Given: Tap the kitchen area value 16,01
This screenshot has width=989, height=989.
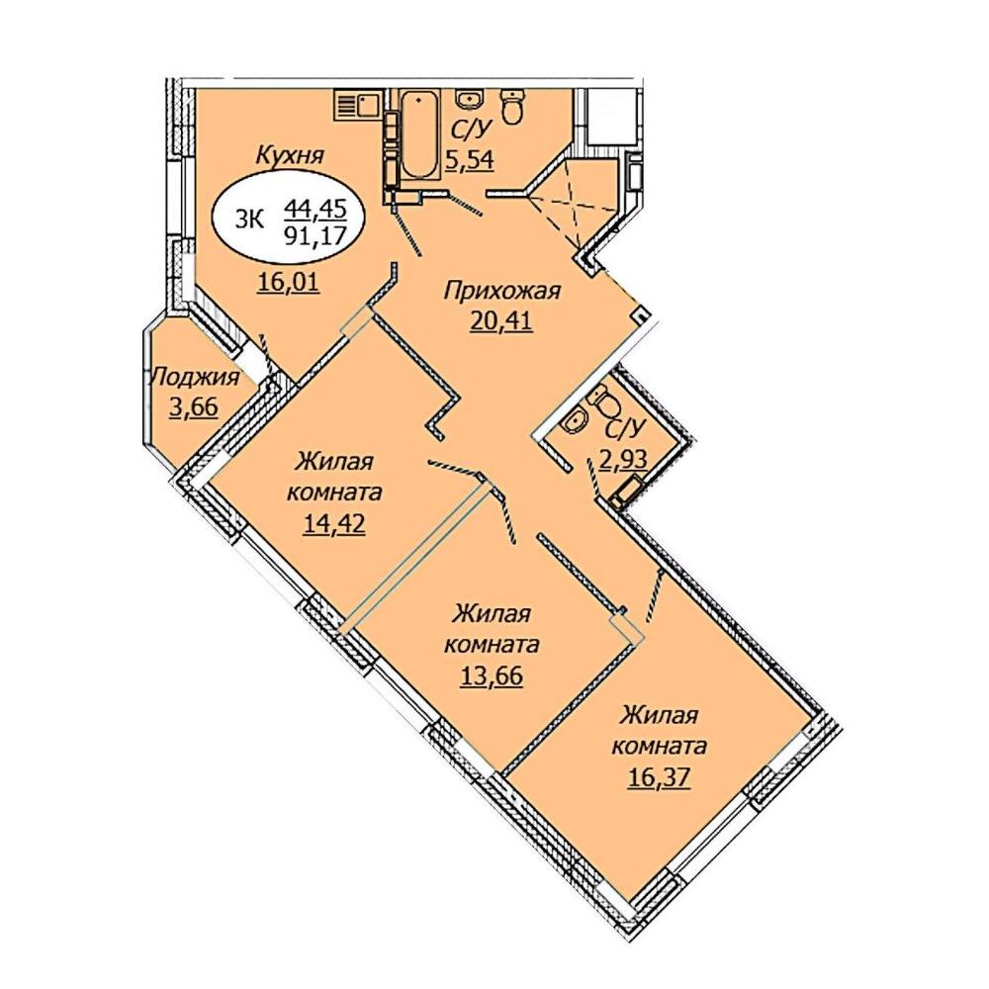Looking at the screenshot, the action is [x=289, y=282].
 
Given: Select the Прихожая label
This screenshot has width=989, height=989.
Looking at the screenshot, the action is [x=502, y=291].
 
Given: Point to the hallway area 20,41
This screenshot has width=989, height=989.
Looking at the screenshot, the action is [x=500, y=321].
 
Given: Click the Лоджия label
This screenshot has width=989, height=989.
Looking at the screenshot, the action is [x=195, y=378].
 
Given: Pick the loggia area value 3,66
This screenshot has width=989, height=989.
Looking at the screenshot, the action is [x=193, y=406].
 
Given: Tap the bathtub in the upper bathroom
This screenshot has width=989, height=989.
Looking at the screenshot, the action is [x=419, y=135].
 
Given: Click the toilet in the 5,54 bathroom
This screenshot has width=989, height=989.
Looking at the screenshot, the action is [x=511, y=106].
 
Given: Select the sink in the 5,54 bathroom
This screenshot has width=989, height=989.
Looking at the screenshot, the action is [x=469, y=98].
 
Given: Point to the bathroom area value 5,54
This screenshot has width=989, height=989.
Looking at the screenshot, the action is [x=471, y=160].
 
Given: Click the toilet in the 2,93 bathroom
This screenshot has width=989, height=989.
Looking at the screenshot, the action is [x=607, y=400].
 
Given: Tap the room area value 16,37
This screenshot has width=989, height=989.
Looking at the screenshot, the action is [x=659, y=777].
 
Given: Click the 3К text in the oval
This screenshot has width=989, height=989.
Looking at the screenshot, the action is [x=248, y=219].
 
